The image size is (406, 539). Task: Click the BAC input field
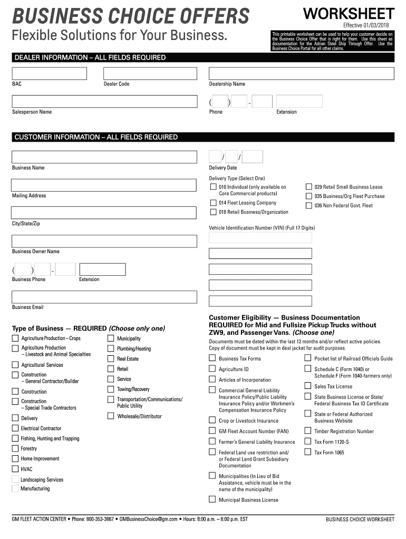[x=50, y=73]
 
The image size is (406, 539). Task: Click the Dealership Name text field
[x=301, y=73]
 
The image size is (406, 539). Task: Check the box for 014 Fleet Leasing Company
[x=213, y=203]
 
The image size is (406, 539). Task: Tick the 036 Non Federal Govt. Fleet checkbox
[x=309, y=205]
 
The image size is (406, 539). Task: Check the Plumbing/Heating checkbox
[x=111, y=348]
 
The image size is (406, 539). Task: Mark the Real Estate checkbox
[x=111, y=358]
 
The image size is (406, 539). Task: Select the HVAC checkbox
[x=15, y=469]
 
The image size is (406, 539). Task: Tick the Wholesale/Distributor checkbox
[x=111, y=416]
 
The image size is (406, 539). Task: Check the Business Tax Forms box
[x=212, y=358]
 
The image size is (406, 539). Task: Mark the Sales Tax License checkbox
[x=308, y=386]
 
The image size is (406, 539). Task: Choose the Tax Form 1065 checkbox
[x=308, y=452]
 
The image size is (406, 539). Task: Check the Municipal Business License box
[x=212, y=500]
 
